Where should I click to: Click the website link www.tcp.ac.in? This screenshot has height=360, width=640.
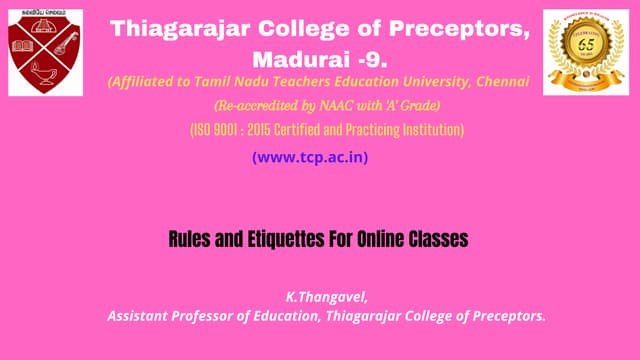point(316,157)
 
